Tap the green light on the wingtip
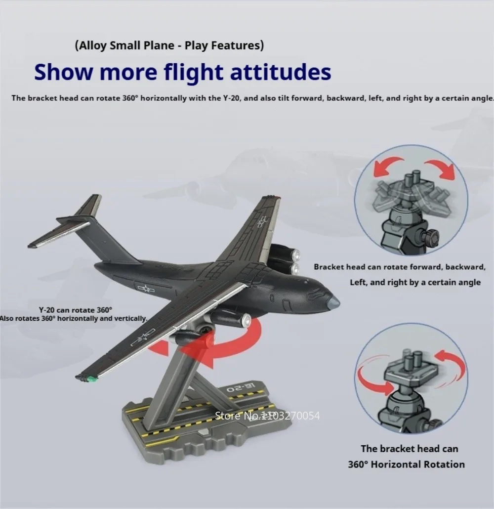(x=92, y=378)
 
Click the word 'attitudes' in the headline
(x=281, y=72)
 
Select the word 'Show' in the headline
(x=63, y=72)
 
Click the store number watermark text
(x=267, y=416)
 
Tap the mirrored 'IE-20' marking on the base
(x=242, y=388)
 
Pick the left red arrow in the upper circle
(x=387, y=166)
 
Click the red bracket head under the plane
(x=207, y=341)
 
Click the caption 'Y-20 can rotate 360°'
(x=75, y=310)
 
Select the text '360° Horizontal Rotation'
(x=407, y=465)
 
